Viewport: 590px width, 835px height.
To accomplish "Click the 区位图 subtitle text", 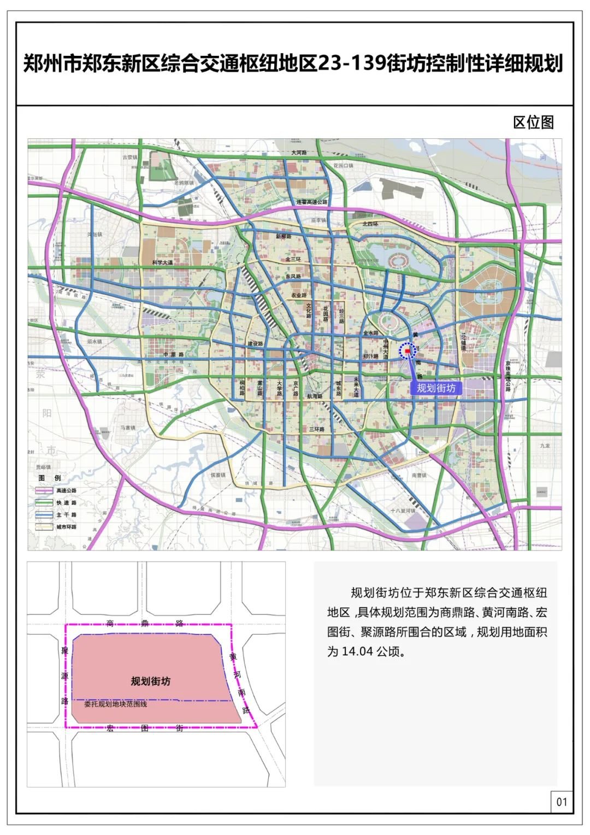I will point(533,122).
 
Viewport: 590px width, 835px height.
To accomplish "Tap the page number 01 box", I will point(562,802).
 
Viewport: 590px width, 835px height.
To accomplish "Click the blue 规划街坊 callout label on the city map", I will point(435,388).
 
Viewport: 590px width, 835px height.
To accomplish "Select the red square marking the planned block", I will point(408,352).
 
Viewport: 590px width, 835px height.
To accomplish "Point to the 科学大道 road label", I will point(162,262).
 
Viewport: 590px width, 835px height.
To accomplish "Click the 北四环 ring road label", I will point(370,224).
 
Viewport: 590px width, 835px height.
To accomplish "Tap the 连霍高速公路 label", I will point(312,202).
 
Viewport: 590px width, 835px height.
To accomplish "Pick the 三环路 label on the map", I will point(316,429).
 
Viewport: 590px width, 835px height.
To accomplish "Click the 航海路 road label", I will point(315,396).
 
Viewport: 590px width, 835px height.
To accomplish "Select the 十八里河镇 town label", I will point(403,510).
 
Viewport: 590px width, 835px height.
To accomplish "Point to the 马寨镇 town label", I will point(128,428).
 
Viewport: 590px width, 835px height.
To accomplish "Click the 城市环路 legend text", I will point(66,527).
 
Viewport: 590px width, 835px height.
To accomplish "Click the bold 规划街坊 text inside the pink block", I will point(151,681).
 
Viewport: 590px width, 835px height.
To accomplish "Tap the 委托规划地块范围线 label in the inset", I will point(115,704).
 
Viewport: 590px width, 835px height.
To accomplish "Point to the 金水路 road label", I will point(370,332).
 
